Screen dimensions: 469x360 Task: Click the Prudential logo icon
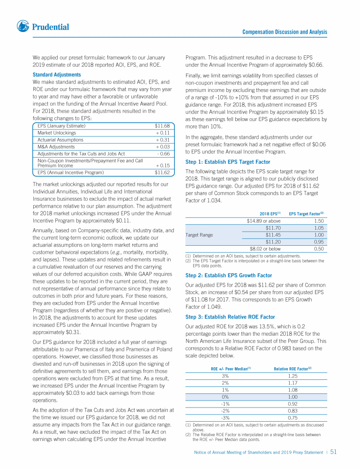[x=22, y=27]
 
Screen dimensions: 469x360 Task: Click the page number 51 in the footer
[x=334, y=452]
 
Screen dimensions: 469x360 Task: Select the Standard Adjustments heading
[x=57, y=75]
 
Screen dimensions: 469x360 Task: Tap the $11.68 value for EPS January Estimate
[x=162, y=126]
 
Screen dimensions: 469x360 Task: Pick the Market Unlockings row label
[x=57, y=133]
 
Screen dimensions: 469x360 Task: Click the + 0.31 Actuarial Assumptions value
[x=162, y=140]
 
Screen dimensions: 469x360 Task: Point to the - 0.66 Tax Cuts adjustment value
[x=163, y=153]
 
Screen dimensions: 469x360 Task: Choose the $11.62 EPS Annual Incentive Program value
[x=162, y=173]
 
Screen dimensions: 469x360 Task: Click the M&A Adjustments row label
[x=56, y=147]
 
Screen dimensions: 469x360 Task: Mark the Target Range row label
[x=199, y=235]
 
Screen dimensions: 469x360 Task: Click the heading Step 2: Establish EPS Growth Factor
[x=228, y=275]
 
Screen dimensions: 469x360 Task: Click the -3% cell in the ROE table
[x=225, y=418]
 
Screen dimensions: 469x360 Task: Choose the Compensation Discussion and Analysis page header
[x=285, y=32]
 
